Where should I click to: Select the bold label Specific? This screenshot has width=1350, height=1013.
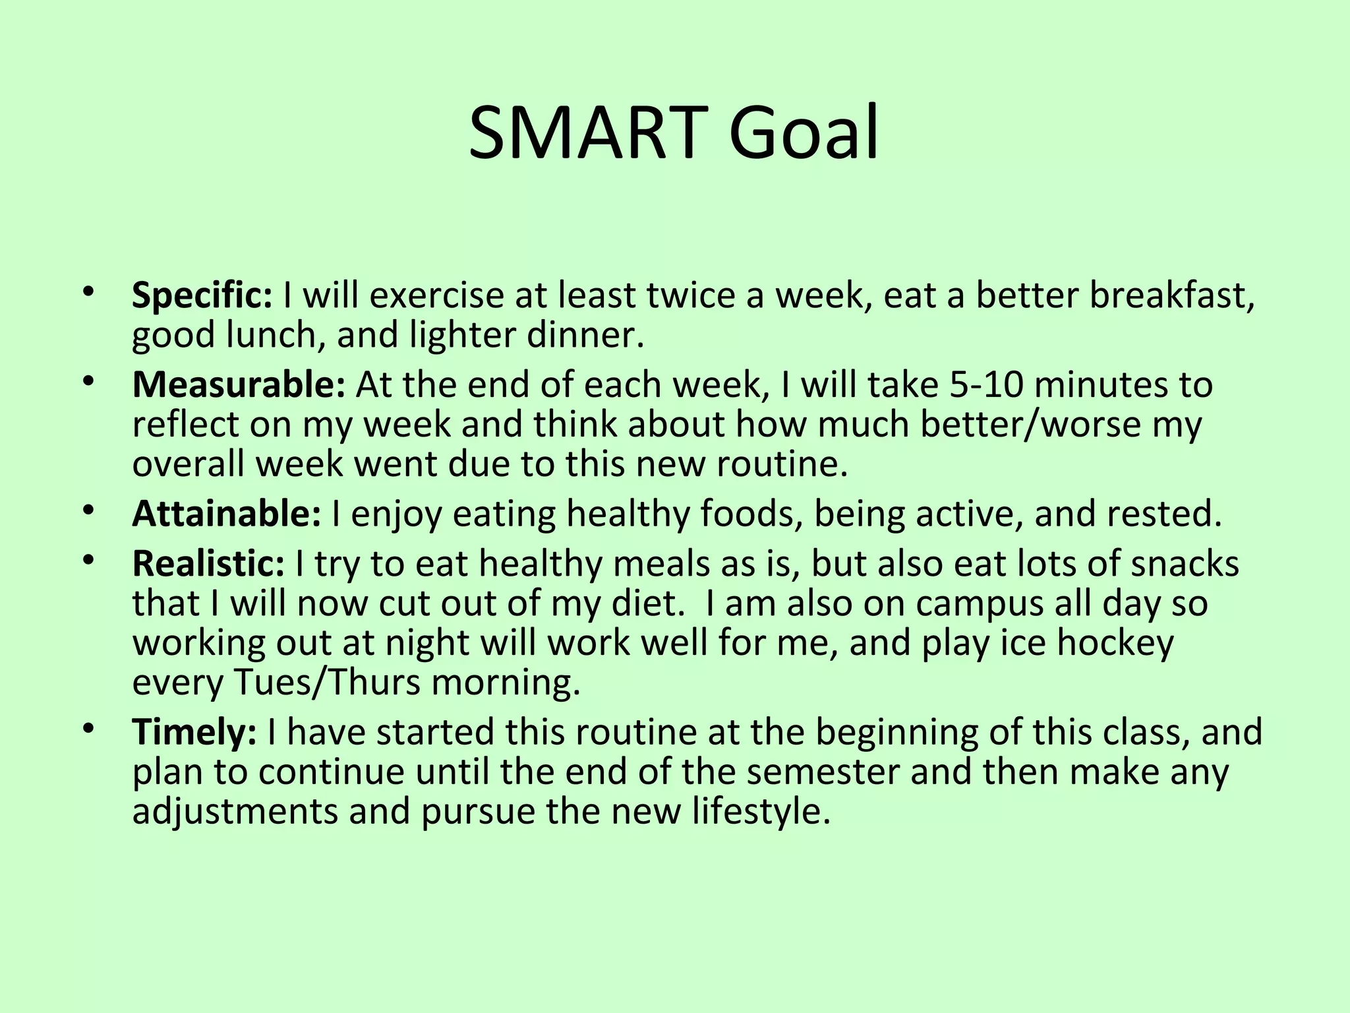[x=202, y=295]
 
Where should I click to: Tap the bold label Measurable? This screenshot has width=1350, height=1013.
[x=239, y=384]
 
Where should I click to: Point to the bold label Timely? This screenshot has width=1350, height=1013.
[x=194, y=731]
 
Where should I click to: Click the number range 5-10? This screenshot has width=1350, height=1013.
[x=987, y=384]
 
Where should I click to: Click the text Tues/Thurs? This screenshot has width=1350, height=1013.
[x=328, y=683]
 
